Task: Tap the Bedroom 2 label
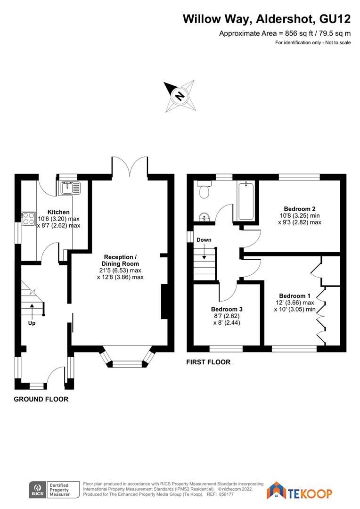click(299, 209)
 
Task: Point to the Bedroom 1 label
click(295, 296)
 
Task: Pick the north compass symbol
click(180, 96)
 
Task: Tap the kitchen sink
click(70, 187)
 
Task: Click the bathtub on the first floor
click(246, 201)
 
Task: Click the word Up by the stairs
click(32, 323)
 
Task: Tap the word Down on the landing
click(204, 240)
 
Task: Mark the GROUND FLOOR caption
click(41, 399)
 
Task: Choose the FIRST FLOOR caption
click(208, 362)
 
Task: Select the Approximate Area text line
click(285, 33)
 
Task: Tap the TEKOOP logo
click(300, 493)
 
